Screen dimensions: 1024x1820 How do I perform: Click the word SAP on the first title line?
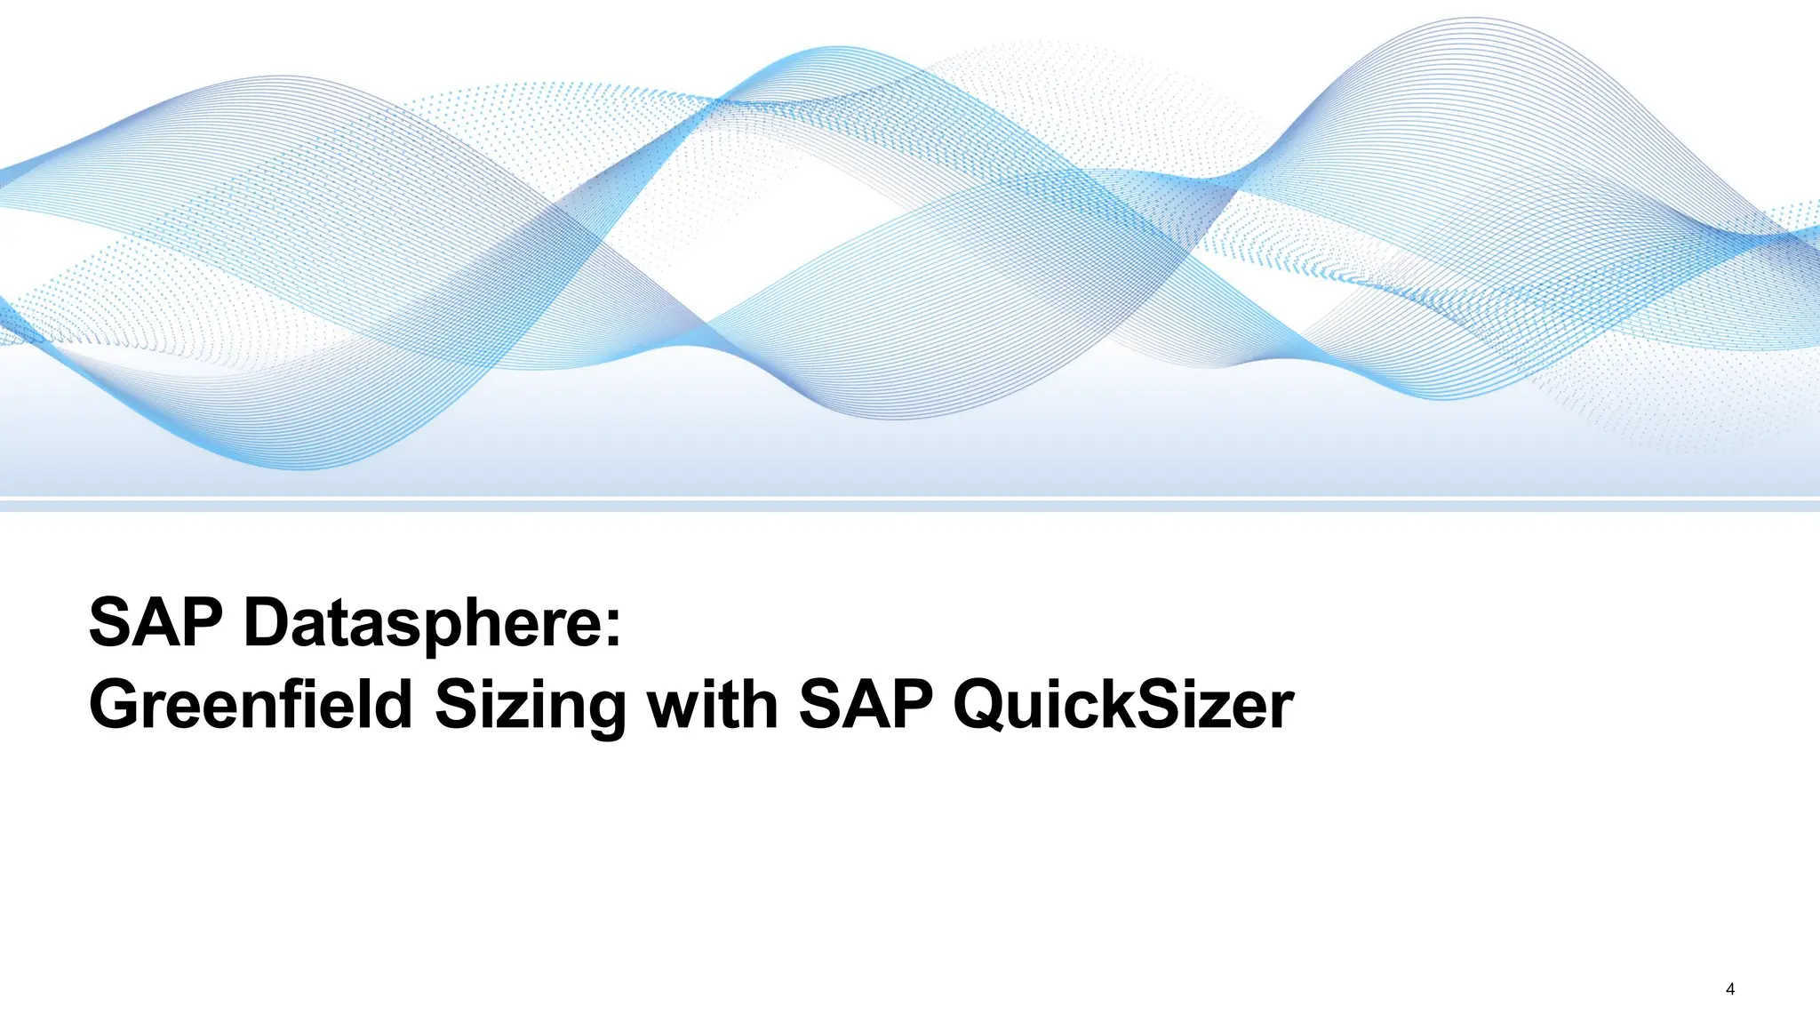click(156, 622)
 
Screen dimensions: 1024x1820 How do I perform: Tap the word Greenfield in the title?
click(251, 705)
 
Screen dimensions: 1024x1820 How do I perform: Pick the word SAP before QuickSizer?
click(866, 705)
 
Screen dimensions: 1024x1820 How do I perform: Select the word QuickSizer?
click(1123, 705)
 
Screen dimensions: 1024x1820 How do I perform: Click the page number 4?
click(1729, 989)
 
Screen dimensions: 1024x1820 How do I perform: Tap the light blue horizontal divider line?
click(910, 506)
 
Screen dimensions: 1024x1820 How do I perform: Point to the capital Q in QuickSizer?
click(984, 706)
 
